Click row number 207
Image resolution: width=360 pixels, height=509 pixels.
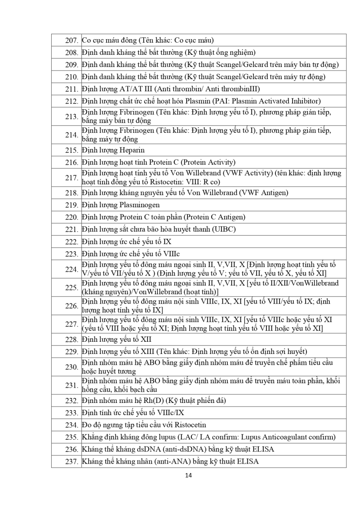click(x=72, y=40)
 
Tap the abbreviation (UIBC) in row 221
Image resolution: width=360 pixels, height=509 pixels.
click(x=221, y=229)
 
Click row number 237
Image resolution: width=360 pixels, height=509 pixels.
click(x=72, y=461)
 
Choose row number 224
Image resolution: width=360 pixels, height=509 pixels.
click(x=72, y=269)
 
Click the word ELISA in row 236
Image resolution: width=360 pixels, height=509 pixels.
click(x=263, y=449)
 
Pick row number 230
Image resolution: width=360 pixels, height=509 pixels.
click(x=72, y=367)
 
